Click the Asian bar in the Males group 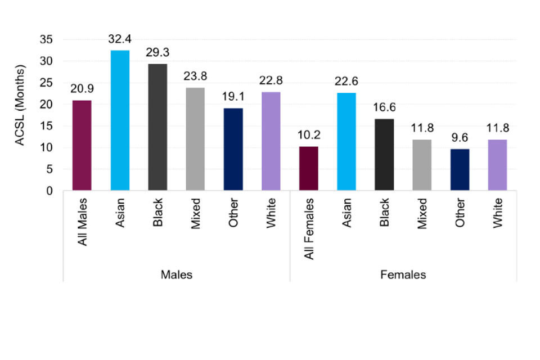120,120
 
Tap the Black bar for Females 384,155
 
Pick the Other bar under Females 460,170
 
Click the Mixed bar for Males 195,139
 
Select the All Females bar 309,169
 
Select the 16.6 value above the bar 384,109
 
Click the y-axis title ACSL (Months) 21,106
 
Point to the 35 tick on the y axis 51,39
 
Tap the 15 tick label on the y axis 51,126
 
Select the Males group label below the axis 177,275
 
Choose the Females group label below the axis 403,275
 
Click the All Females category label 309,220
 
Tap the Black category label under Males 158,213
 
